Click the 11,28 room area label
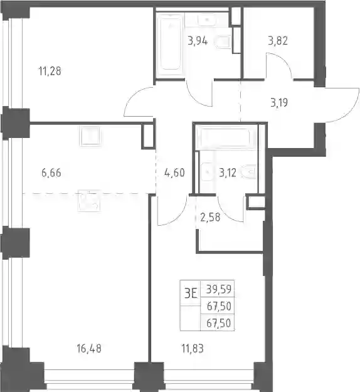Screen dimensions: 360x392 50,71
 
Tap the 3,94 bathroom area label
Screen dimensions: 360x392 198,41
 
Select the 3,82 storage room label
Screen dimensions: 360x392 278,41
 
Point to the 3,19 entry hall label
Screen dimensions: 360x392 279,102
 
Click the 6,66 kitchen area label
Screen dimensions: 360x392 51,172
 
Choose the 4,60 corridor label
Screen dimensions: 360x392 174,172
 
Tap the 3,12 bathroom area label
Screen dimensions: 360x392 228,172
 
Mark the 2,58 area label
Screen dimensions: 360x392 210,217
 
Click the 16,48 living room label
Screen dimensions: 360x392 89,349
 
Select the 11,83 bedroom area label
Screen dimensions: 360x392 193,349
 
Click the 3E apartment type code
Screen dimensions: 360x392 191,294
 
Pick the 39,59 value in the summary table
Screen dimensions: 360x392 219,289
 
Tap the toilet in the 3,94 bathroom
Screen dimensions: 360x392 222,42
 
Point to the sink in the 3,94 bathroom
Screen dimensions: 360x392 207,20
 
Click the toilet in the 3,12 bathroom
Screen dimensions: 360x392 248,172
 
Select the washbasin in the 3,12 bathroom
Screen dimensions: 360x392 206,172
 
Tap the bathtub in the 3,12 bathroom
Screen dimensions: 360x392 226,137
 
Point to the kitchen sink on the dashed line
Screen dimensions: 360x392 89,201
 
